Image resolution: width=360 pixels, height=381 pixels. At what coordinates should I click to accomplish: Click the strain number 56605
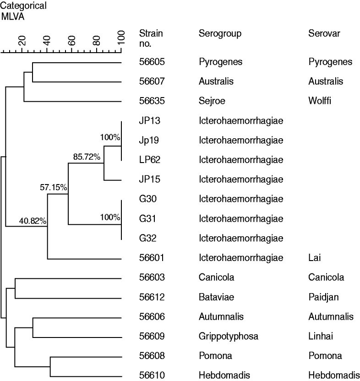tap(152, 62)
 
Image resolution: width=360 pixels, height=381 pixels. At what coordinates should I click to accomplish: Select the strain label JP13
tap(148, 121)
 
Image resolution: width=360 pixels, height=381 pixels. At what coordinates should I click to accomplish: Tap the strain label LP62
tap(148, 160)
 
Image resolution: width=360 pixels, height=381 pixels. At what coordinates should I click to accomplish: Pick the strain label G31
tap(146, 218)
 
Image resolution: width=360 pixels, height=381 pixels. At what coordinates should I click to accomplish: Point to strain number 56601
tap(152, 258)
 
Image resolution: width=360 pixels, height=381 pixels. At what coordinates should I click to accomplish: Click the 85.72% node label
tap(87, 157)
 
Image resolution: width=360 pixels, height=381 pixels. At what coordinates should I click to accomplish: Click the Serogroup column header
tap(220, 34)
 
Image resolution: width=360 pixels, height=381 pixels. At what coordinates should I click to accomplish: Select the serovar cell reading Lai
tap(315, 258)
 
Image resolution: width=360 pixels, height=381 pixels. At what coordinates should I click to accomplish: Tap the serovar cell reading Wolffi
tap(320, 101)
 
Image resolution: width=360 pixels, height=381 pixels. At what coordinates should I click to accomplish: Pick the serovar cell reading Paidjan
tap(324, 297)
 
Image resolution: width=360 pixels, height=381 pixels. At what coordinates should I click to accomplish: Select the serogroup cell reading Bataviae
tap(217, 297)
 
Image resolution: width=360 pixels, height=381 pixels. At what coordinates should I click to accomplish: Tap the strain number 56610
tap(152, 376)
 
